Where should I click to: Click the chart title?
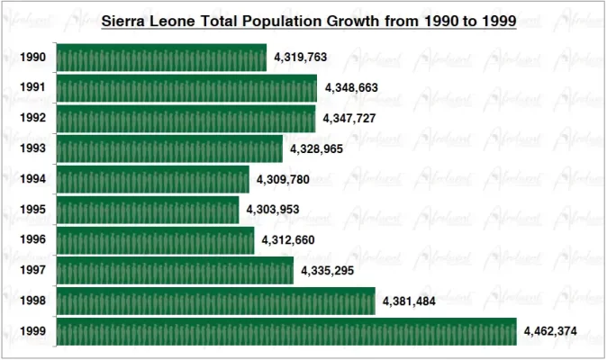pyautogui.click(x=309, y=21)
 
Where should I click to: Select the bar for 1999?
pyautogui.click(x=285, y=331)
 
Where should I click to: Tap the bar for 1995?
pyautogui.click(x=148, y=211)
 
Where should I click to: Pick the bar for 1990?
pyautogui.click(x=161, y=58)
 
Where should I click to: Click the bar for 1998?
pyautogui.click(x=215, y=301)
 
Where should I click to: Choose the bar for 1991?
pyautogui.click(x=186, y=88)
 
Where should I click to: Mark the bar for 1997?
pyautogui.click(x=175, y=270)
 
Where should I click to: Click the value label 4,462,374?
pyautogui.click(x=550, y=332)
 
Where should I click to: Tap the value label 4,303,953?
pyautogui.click(x=273, y=211)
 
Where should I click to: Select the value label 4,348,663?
pyautogui.click(x=351, y=88)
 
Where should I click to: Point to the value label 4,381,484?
pyautogui.click(x=409, y=301)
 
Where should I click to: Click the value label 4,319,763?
pyautogui.click(x=300, y=58)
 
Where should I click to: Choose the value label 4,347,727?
pyautogui.click(x=349, y=119)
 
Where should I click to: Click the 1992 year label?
pyautogui.click(x=33, y=119)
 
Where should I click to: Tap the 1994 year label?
pyautogui.click(x=33, y=180)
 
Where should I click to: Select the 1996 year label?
pyautogui.click(x=33, y=241)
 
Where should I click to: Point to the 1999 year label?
pyautogui.click(x=33, y=332)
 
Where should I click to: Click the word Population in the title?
pyautogui.click(x=290, y=21)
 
